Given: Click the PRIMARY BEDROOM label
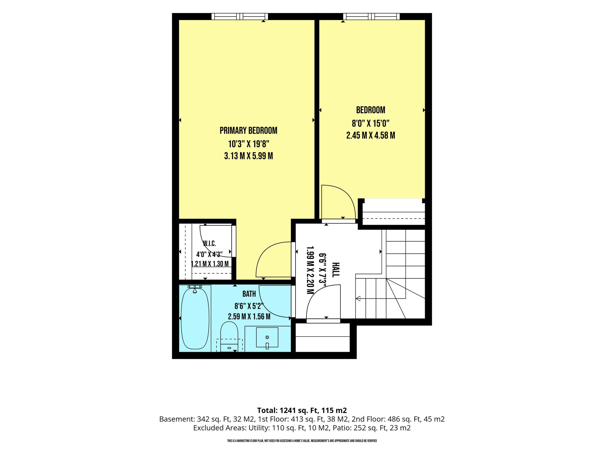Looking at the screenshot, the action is (248, 130).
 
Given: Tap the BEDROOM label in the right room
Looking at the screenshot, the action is (371, 110).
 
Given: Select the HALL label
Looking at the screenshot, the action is (336, 270).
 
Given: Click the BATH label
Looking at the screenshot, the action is (249, 294).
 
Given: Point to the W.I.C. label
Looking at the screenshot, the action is (209, 244).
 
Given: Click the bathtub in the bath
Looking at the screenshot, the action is (195, 319).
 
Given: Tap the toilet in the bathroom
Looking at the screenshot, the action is (229, 336).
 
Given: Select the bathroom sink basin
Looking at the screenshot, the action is (267, 337).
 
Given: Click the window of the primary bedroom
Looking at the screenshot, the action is (240, 17).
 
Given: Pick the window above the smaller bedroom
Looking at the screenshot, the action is (371, 17).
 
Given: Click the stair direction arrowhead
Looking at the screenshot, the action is (358, 298).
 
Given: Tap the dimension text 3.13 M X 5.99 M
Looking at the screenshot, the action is (249, 156).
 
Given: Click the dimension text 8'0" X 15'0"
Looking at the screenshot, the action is (371, 123).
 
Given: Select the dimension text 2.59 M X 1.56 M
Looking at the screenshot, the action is (249, 317).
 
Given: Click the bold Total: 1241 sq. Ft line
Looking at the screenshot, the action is (302, 410).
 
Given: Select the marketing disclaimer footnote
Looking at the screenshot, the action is (302, 441).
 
